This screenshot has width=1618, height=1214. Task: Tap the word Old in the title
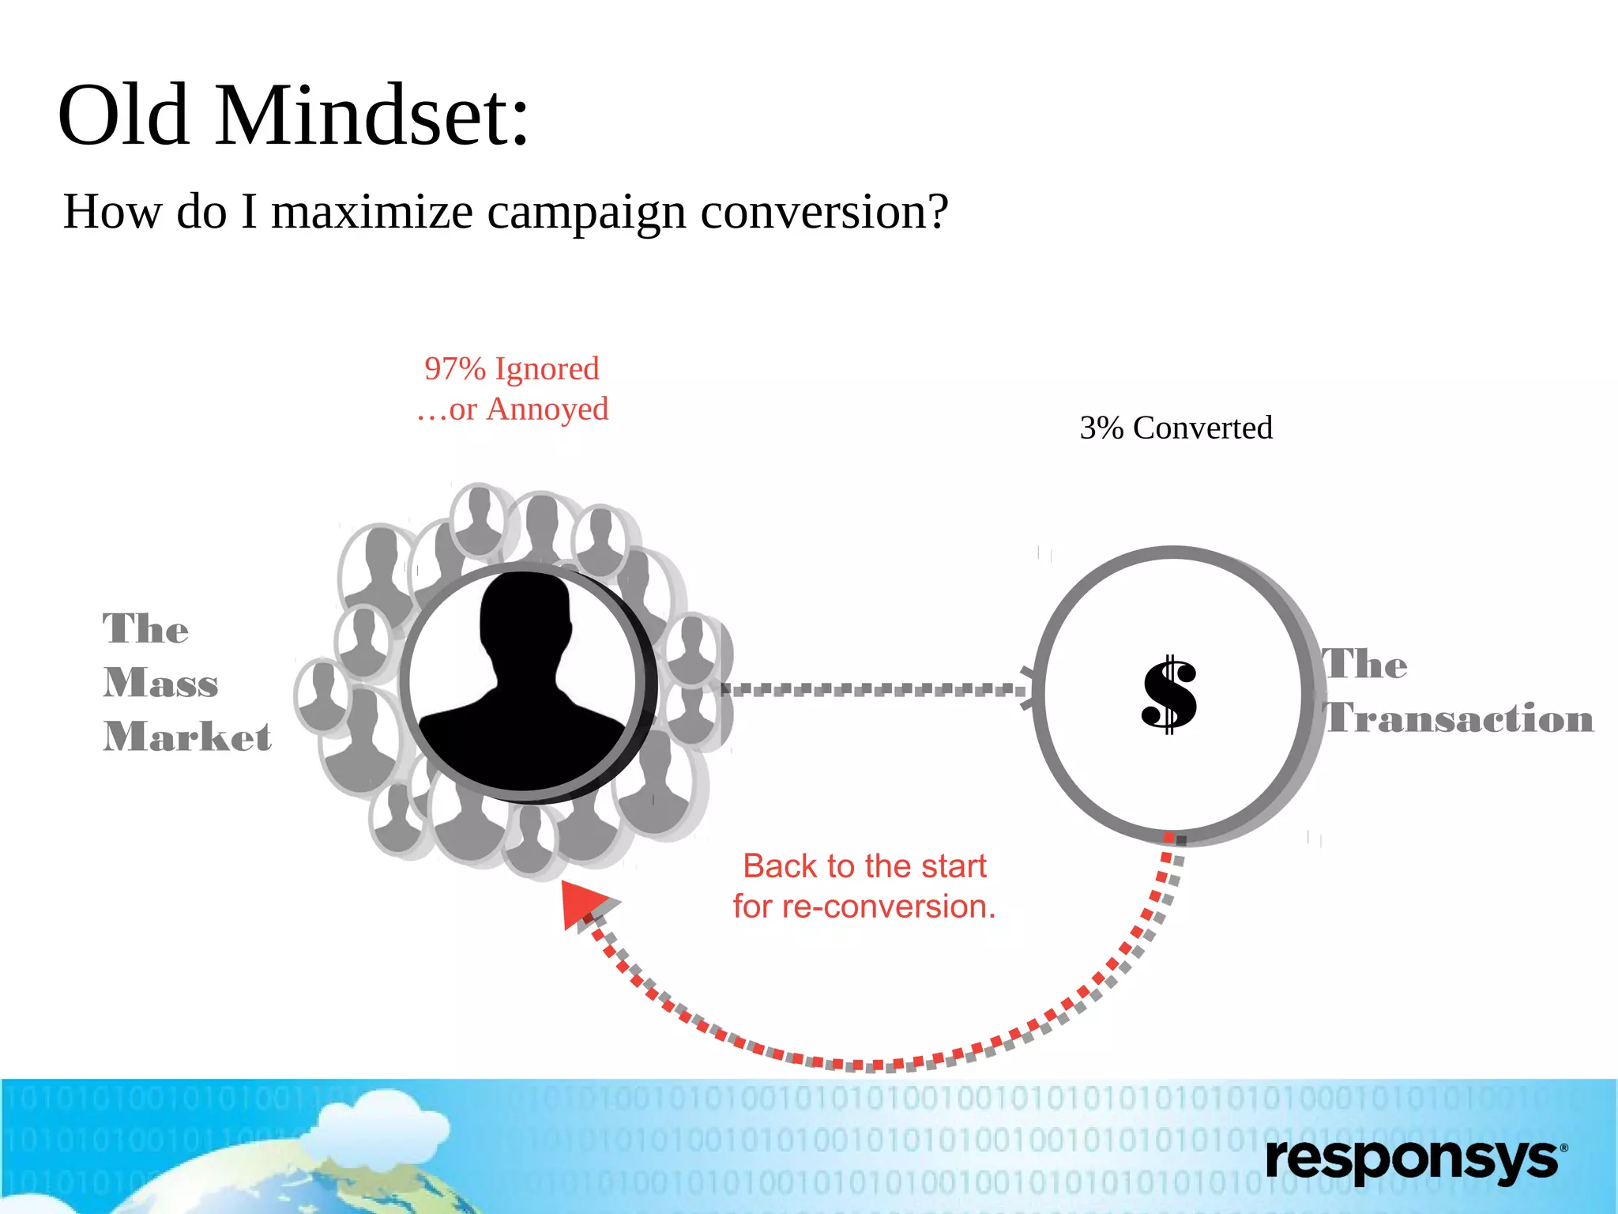coord(123,117)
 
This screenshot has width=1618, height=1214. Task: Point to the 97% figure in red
coord(454,369)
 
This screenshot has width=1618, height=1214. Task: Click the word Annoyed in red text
coord(547,409)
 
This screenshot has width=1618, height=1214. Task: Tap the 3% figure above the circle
coord(1101,428)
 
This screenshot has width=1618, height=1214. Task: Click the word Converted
coord(1202,428)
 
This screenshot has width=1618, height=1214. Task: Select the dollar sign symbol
coord(1169,695)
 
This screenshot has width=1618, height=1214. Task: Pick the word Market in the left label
coord(187,737)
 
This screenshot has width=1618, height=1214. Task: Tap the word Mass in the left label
coord(160,683)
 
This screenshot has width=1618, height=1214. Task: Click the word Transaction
coord(1458,718)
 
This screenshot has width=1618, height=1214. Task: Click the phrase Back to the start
coord(864,866)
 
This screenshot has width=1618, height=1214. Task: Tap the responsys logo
coord(1415,1160)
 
